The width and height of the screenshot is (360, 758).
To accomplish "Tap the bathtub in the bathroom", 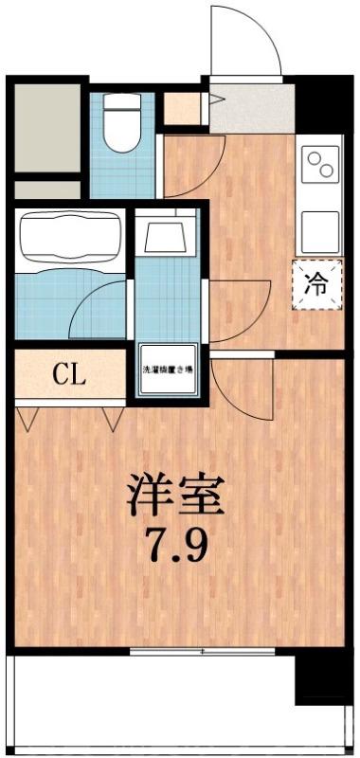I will (67, 238).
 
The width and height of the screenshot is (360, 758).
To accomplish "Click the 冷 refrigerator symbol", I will (318, 281).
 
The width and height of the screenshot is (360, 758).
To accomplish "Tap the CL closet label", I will (69, 373).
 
